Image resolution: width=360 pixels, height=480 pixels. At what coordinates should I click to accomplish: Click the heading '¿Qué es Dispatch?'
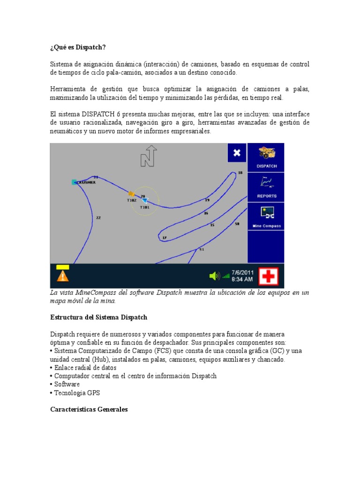click(x=78, y=47)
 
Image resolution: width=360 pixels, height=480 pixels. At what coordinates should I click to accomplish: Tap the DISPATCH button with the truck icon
click(x=266, y=157)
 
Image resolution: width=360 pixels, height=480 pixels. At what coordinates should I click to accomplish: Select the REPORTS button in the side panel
click(x=266, y=187)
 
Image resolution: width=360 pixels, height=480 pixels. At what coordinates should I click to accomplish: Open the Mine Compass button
click(x=266, y=216)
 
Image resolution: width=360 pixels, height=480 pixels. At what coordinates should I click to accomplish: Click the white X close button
click(x=237, y=153)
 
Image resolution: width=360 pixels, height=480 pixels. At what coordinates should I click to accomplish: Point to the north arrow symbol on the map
click(x=149, y=156)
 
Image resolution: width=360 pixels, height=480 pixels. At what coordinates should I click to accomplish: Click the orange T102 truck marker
click(x=132, y=194)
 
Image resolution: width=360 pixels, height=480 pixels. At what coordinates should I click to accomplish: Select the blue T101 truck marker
click(x=145, y=201)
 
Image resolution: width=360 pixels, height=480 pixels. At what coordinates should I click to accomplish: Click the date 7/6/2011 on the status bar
click(x=242, y=272)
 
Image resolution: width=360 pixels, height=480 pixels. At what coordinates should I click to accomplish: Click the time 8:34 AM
click(x=242, y=279)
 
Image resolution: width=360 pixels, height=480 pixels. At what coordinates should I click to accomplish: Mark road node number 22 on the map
click(x=98, y=217)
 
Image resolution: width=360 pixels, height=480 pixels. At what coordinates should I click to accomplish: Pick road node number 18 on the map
click(x=240, y=172)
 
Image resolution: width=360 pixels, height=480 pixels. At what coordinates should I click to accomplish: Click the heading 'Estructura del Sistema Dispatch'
click(x=98, y=317)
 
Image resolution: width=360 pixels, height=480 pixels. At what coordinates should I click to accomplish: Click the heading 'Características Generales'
click(x=89, y=409)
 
